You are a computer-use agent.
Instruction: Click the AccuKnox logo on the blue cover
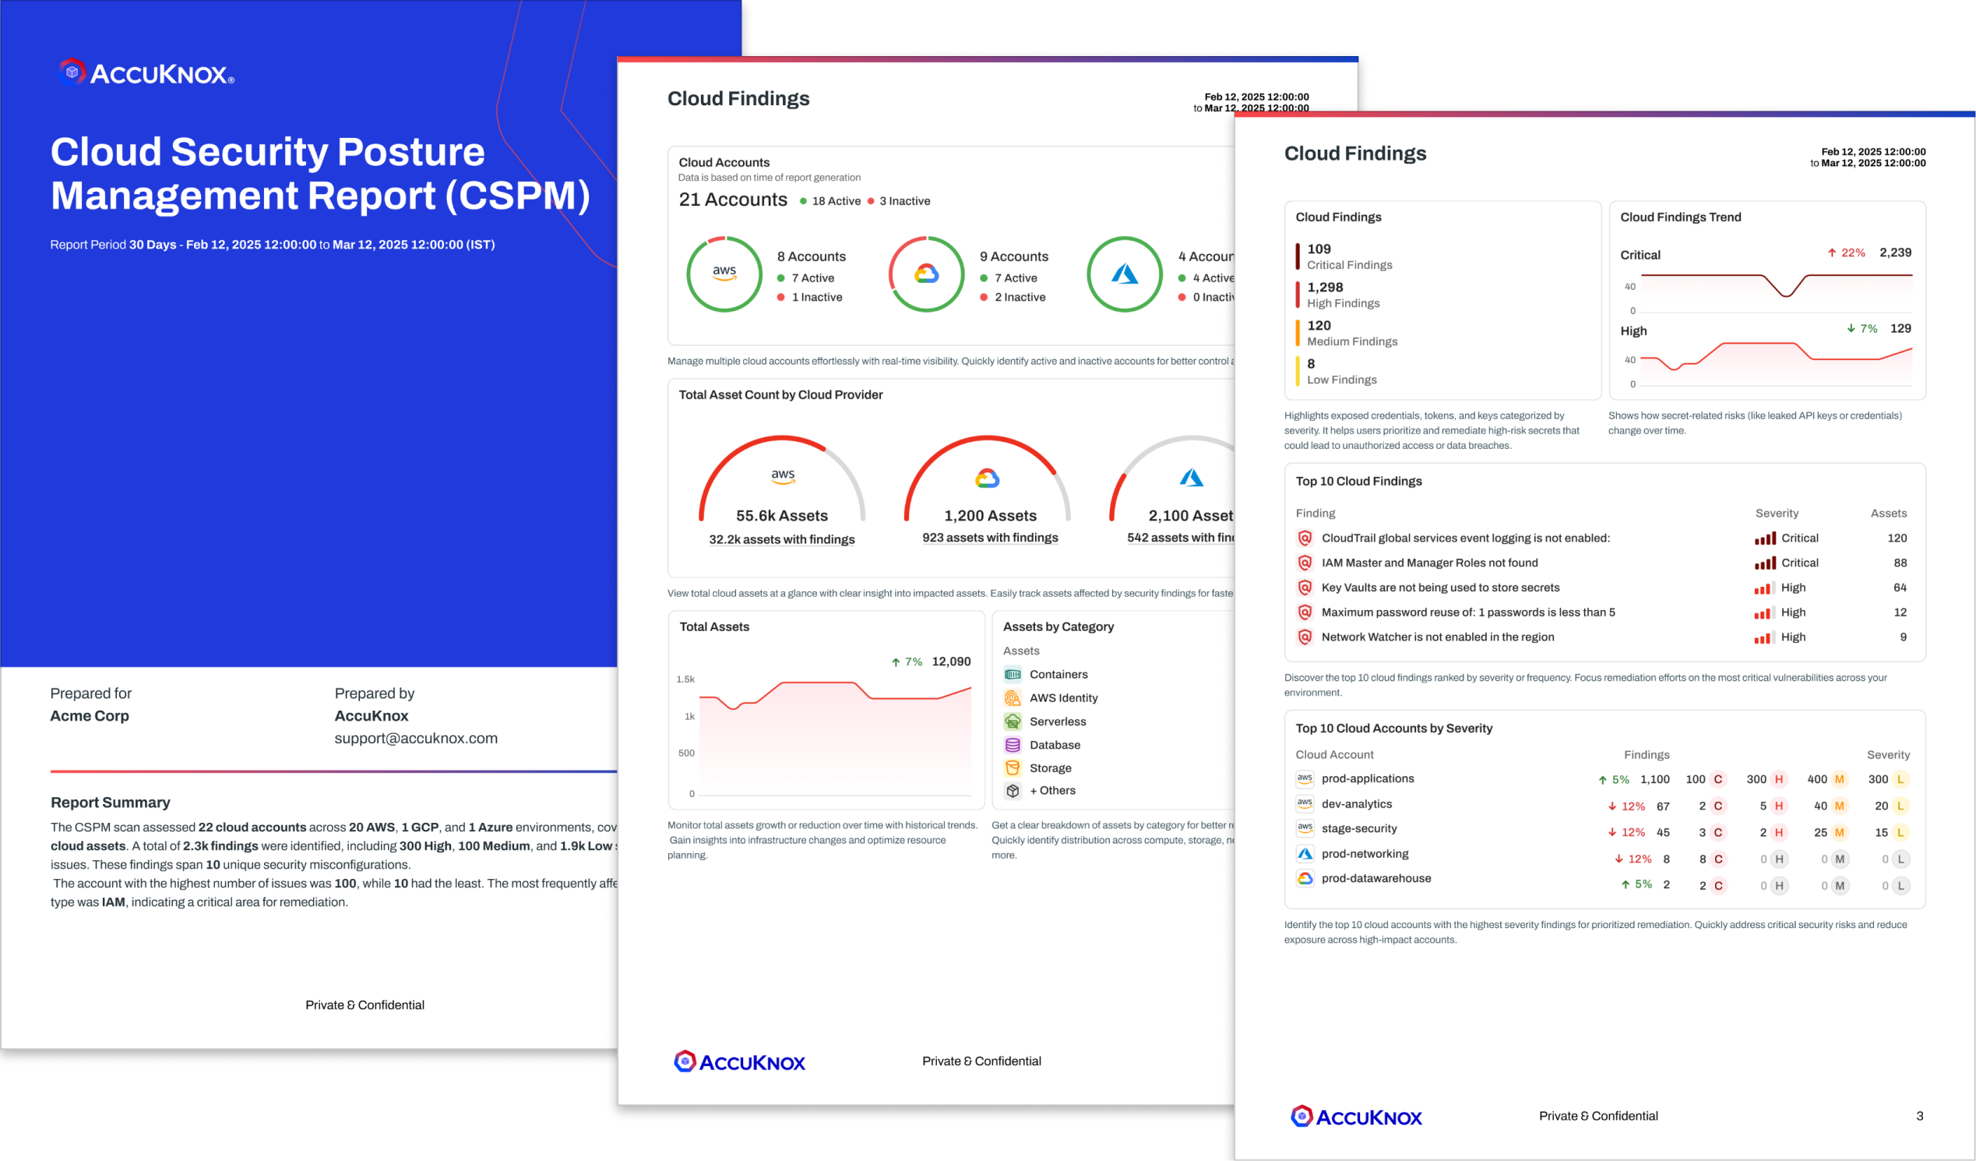[146, 74]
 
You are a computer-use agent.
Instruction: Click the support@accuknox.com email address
[416, 738]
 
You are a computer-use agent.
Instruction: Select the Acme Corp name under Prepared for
[90, 715]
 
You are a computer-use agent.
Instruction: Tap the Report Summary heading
[110, 802]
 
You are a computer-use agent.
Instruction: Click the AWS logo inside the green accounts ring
[724, 272]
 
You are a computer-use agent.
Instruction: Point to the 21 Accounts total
[732, 200]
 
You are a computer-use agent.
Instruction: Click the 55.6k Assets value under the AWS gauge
[781, 515]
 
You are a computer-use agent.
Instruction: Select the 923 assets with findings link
[990, 538]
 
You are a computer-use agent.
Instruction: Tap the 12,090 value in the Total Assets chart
[950, 662]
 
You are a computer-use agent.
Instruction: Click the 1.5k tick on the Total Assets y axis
[685, 679]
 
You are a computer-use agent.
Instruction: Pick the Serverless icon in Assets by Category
[1013, 721]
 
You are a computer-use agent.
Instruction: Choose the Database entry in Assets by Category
[1054, 744]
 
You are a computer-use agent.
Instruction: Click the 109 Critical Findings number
[1318, 249]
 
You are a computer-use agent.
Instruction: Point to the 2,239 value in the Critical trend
[1894, 252]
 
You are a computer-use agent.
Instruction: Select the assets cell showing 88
[1899, 563]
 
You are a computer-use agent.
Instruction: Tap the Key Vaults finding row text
[1439, 588]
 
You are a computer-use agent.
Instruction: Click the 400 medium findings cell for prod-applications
[1816, 779]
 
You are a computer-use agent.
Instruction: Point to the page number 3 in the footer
[1919, 1116]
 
